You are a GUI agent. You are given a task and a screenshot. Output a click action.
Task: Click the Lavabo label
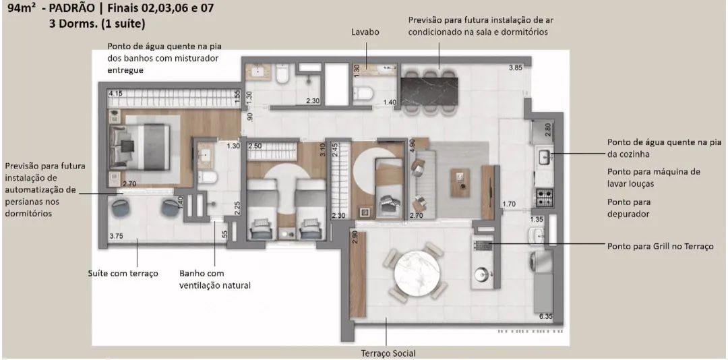pos(365,32)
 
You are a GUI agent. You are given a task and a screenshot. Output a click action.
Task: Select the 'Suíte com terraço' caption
pos(123,274)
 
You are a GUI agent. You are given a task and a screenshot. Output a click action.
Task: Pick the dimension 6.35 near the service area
pos(546,317)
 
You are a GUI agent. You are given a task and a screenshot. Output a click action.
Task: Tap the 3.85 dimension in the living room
pos(516,68)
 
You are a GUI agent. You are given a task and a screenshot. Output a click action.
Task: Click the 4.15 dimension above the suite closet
pos(116,94)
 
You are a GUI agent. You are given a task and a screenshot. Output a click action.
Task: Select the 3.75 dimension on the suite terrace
pos(116,236)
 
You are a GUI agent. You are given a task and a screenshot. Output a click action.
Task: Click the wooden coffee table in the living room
pos(460,181)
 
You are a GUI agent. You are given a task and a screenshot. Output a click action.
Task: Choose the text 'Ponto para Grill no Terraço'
pos(660,246)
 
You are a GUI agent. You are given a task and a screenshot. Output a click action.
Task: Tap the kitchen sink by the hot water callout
pos(544,156)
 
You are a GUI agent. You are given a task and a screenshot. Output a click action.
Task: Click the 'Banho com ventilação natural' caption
pos(215,279)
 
